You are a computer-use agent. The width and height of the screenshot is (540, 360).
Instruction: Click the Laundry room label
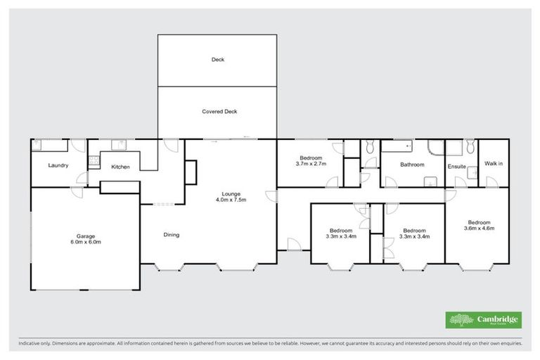[x=58, y=166]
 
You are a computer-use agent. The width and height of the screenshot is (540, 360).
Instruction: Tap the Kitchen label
[x=120, y=167]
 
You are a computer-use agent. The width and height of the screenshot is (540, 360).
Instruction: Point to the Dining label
[x=171, y=235]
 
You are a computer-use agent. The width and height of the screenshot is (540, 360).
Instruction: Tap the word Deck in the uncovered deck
[x=217, y=60]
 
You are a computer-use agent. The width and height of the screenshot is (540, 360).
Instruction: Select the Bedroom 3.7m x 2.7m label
[x=311, y=161]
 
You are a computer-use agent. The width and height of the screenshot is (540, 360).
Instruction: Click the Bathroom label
[x=412, y=165]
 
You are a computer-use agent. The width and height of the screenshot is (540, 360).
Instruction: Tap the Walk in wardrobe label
[x=494, y=164]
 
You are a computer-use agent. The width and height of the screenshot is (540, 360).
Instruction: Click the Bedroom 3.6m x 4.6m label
[x=479, y=224]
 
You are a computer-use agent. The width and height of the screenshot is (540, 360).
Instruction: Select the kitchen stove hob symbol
[x=92, y=161]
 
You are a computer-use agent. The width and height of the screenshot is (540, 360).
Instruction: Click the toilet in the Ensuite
[x=469, y=146]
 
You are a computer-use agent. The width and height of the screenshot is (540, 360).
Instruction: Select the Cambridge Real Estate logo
[x=484, y=320]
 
